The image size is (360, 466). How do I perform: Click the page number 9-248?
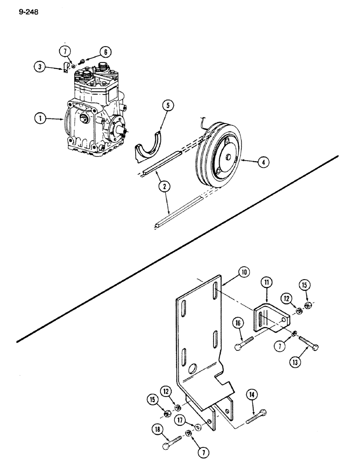point(28,13)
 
